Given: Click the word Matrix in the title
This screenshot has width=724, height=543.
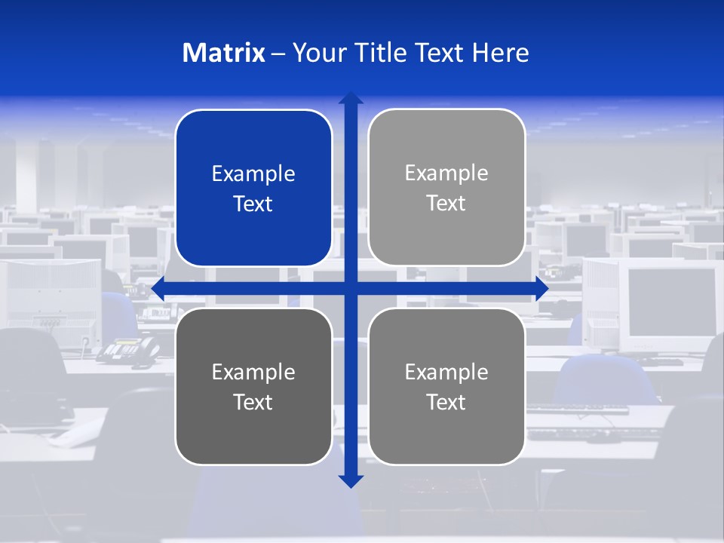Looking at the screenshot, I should (224, 53).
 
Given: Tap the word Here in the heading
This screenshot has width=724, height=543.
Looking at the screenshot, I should (500, 53).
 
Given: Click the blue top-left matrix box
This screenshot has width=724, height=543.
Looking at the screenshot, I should (253, 189).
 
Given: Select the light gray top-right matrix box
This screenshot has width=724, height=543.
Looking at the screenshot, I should (446, 188).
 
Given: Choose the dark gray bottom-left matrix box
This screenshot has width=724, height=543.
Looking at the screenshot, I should (253, 386).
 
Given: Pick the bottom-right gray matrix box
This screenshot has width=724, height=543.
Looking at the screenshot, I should (446, 386).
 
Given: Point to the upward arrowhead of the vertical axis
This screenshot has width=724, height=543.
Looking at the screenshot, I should (351, 98).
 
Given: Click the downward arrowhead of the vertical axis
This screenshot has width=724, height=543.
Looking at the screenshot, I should (351, 480).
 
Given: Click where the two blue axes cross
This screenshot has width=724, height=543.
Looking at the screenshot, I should (351, 288).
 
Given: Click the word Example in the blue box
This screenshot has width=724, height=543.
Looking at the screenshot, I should (253, 174).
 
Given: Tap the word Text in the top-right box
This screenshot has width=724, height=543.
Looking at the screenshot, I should (446, 204).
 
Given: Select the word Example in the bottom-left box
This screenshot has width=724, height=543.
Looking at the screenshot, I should (253, 372).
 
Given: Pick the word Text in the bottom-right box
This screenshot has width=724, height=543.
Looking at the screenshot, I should (446, 402).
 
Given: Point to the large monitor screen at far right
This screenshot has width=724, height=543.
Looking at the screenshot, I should (670, 302).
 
